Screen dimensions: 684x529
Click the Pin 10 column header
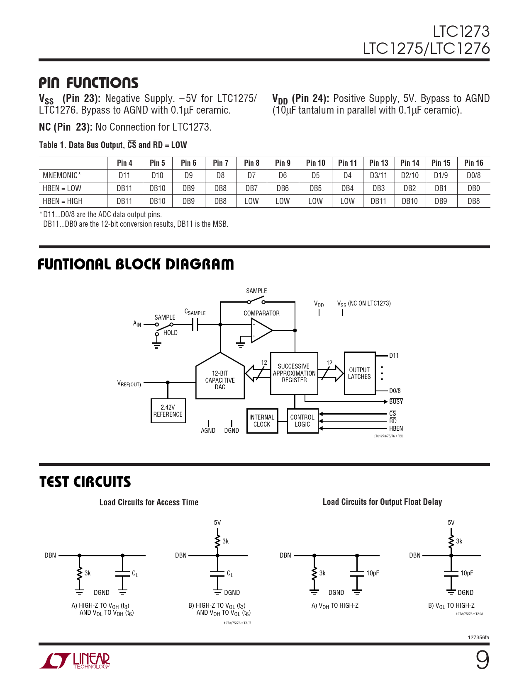click(315, 163)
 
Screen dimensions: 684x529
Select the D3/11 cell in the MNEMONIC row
click(378, 175)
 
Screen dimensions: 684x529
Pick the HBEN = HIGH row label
click(63, 201)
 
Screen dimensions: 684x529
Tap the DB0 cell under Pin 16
click(473, 188)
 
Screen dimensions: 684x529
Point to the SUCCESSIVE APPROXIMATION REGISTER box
click(294, 373)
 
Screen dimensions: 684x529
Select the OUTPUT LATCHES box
click(359, 373)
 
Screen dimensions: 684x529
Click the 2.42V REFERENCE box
click(168, 411)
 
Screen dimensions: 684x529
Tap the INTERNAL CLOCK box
click(262, 421)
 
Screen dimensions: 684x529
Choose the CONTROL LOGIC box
click(302, 421)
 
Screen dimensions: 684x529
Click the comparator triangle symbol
click(261, 330)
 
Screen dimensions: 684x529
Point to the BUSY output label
click(396, 401)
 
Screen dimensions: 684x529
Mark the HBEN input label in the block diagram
click(396, 429)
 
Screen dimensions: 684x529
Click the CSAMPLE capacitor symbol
click(195, 325)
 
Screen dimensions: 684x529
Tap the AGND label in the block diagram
click(208, 431)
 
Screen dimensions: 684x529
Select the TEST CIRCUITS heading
click(85, 482)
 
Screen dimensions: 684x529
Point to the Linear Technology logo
click(75, 660)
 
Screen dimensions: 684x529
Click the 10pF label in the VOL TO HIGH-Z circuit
click(466, 573)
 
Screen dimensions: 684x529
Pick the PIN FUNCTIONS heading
click(88, 83)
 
